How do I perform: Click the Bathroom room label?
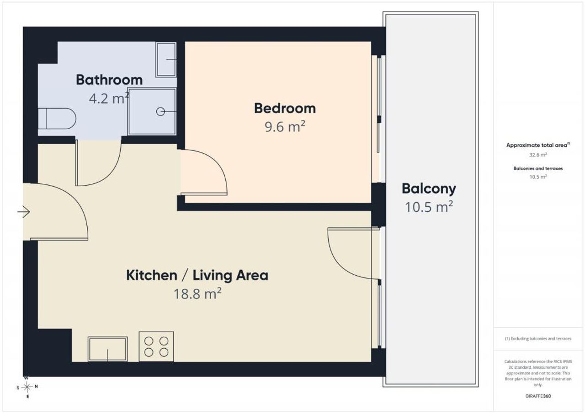tap(109, 80)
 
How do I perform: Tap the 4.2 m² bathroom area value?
tap(109, 98)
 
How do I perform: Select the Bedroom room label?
tap(285, 108)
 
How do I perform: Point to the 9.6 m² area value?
tap(285, 127)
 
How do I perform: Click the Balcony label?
tap(429, 189)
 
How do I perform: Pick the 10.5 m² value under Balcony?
tap(429, 207)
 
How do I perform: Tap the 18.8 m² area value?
tap(197, 293)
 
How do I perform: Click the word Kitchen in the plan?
tap(152, 275)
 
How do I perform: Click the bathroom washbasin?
tap(166, 60)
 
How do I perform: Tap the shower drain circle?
tap(160, 112)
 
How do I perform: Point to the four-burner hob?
tap(156, 346)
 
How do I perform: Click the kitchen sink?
tap(107, 349)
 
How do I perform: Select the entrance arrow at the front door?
tap(24, 212)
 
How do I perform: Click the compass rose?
tap(27, 387)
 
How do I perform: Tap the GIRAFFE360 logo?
tap(538, 396)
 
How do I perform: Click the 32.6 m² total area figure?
tap(538, 155)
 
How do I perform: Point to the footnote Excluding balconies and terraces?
tap(538, 339)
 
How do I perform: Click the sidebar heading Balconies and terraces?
tap(538, 168)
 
